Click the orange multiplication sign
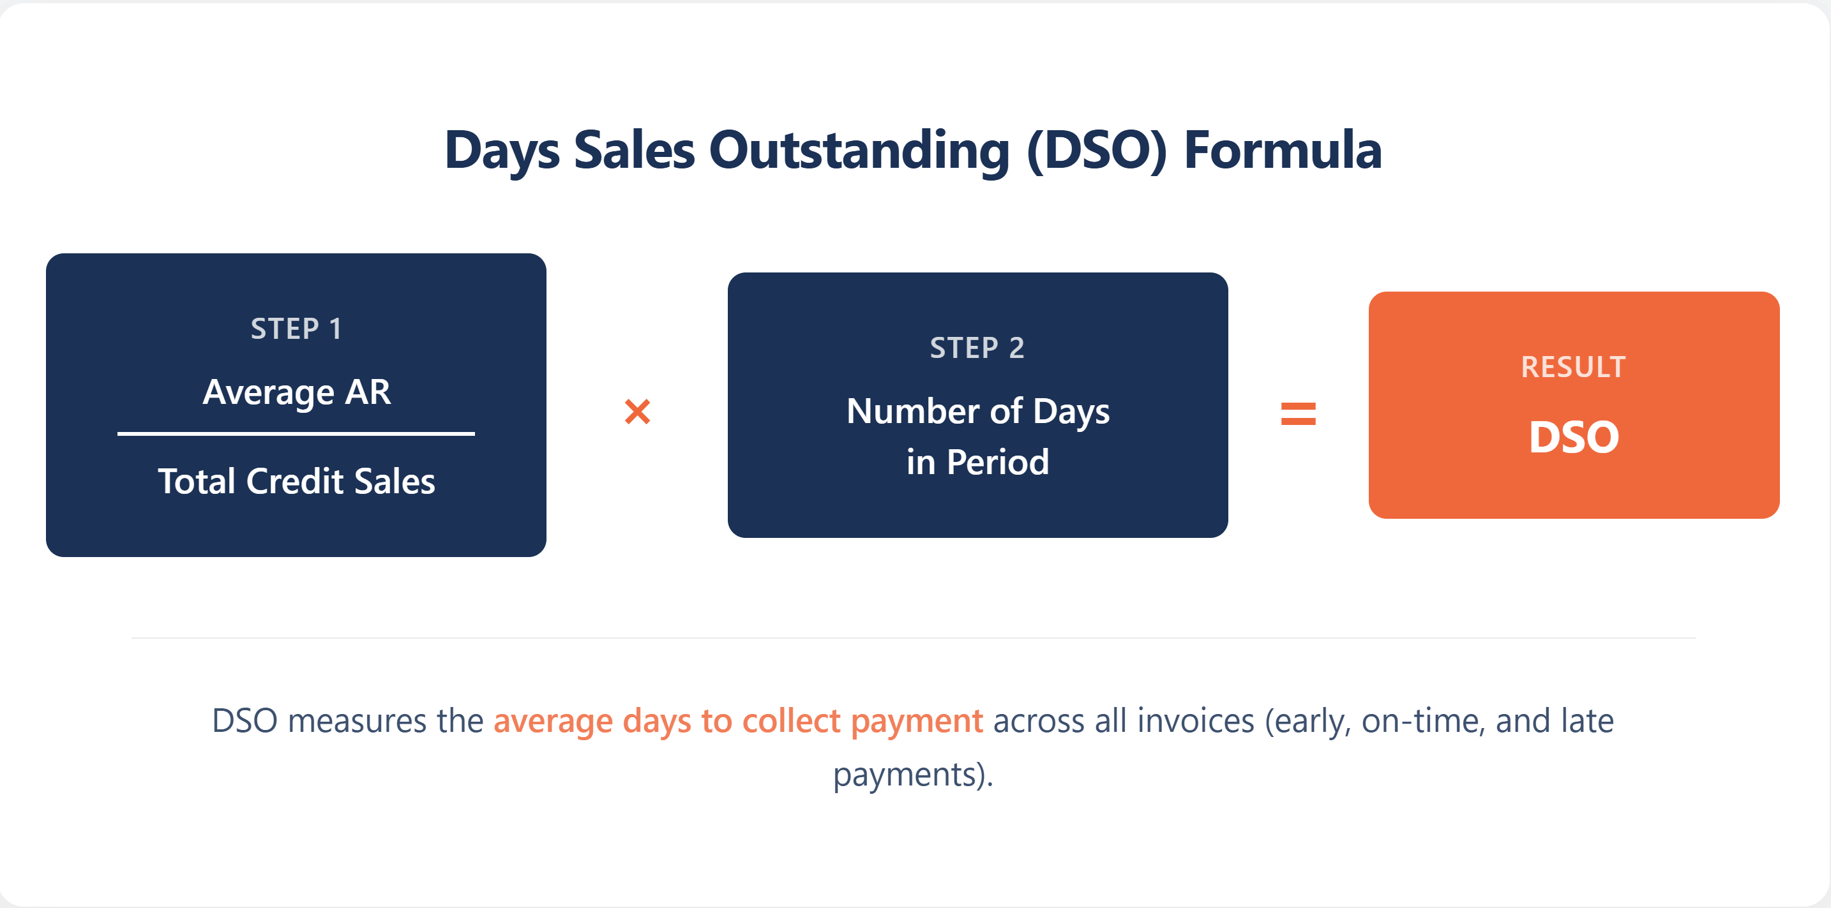pyautogui.click(x=637, y=412)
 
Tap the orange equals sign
pyautogui.click(x=1298, y=413)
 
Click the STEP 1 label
pyautogui.click(x=296, y=329)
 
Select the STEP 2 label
pyautogui.click(x=977, y=348)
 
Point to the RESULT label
pyautogui.click(x=1573, y=368)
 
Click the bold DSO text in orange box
pyautogui.click(x=1574, y=437)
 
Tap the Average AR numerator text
pyautogui.click(x=296, y=392)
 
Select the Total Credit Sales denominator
pyautogui.click(x=296, y=482)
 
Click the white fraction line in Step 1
pyautogui.click(x=296, y=433)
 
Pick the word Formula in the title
pyautogui.click(x=1282, y=150)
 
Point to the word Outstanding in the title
pyautogui.click(x=859, y=150)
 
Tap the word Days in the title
pyautogui.click(x=502, y=151)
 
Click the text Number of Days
pyautogui.click(x=977, y=412)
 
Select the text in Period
pyautogui.click(x=977, y=463)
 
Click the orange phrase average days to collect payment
pyautogui.click(x=738, y=721)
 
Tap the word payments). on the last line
pyautogui.click(x=914, y=775)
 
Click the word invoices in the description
pyautogui.click(x=1196, y=721)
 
